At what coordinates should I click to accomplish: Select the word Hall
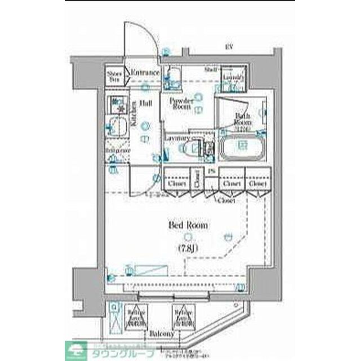145,103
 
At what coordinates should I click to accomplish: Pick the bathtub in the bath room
242,148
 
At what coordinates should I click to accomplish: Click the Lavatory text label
177,138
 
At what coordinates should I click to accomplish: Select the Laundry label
233,77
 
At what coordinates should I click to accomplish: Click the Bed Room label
188,225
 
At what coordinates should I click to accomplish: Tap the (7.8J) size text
188,248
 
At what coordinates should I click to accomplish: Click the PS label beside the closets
211,171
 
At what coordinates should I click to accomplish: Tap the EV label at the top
229,47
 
